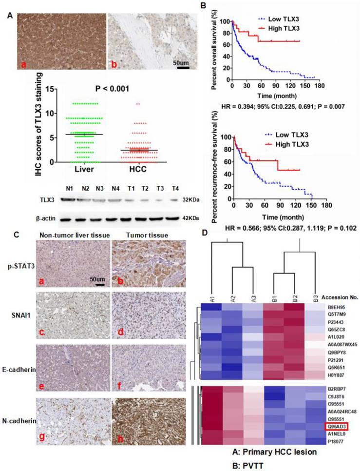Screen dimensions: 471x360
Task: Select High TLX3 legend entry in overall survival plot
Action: [283, 30]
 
